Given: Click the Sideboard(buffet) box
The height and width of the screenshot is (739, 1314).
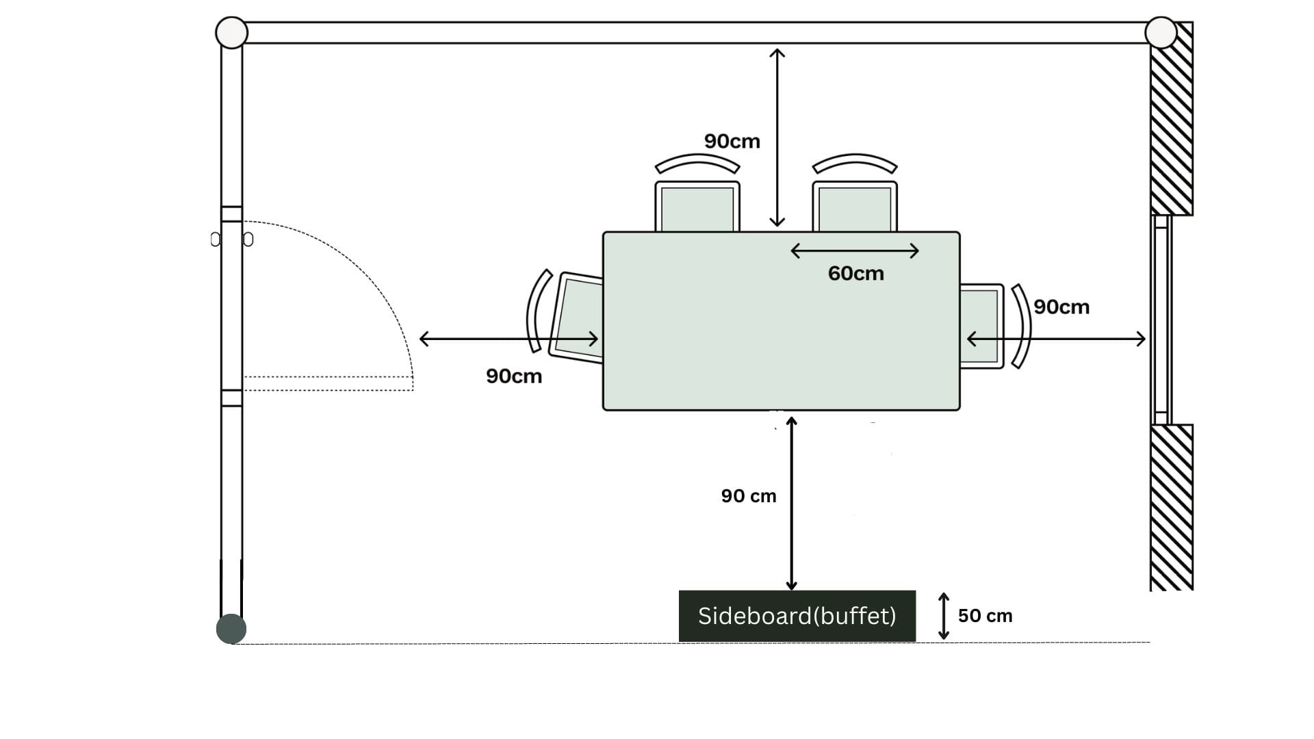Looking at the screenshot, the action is tap(797, 616).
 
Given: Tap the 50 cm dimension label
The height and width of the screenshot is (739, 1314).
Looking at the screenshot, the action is tap(985, 616).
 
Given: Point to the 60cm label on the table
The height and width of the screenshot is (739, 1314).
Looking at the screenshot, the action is tap(855, 274).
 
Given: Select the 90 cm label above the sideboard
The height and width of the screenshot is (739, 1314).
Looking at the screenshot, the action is tap(749, 496).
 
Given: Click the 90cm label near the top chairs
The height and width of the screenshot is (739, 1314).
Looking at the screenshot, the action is tap(732, 142).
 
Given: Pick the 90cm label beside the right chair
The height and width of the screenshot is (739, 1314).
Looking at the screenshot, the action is tap(1061, 307).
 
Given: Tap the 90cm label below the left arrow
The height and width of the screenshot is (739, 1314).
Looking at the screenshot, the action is tap(514, 376).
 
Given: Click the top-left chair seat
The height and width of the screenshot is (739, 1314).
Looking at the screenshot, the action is tap(697, 207).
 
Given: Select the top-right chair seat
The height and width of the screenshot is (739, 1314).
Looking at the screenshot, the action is tap(855, 207).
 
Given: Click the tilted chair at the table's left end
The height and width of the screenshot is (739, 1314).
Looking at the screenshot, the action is tap(576, 317).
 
